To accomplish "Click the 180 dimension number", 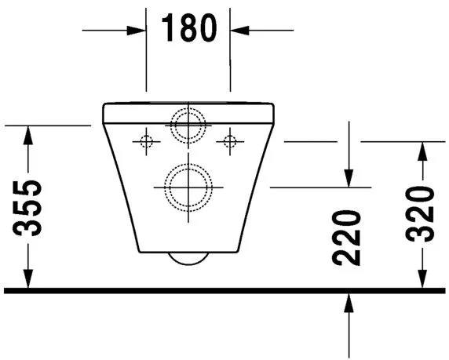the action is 189,27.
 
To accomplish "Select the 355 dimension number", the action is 27,208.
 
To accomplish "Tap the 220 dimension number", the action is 346,238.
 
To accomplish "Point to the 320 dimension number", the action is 420,214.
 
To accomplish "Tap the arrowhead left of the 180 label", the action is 136,30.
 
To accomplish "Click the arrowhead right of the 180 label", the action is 240,30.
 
